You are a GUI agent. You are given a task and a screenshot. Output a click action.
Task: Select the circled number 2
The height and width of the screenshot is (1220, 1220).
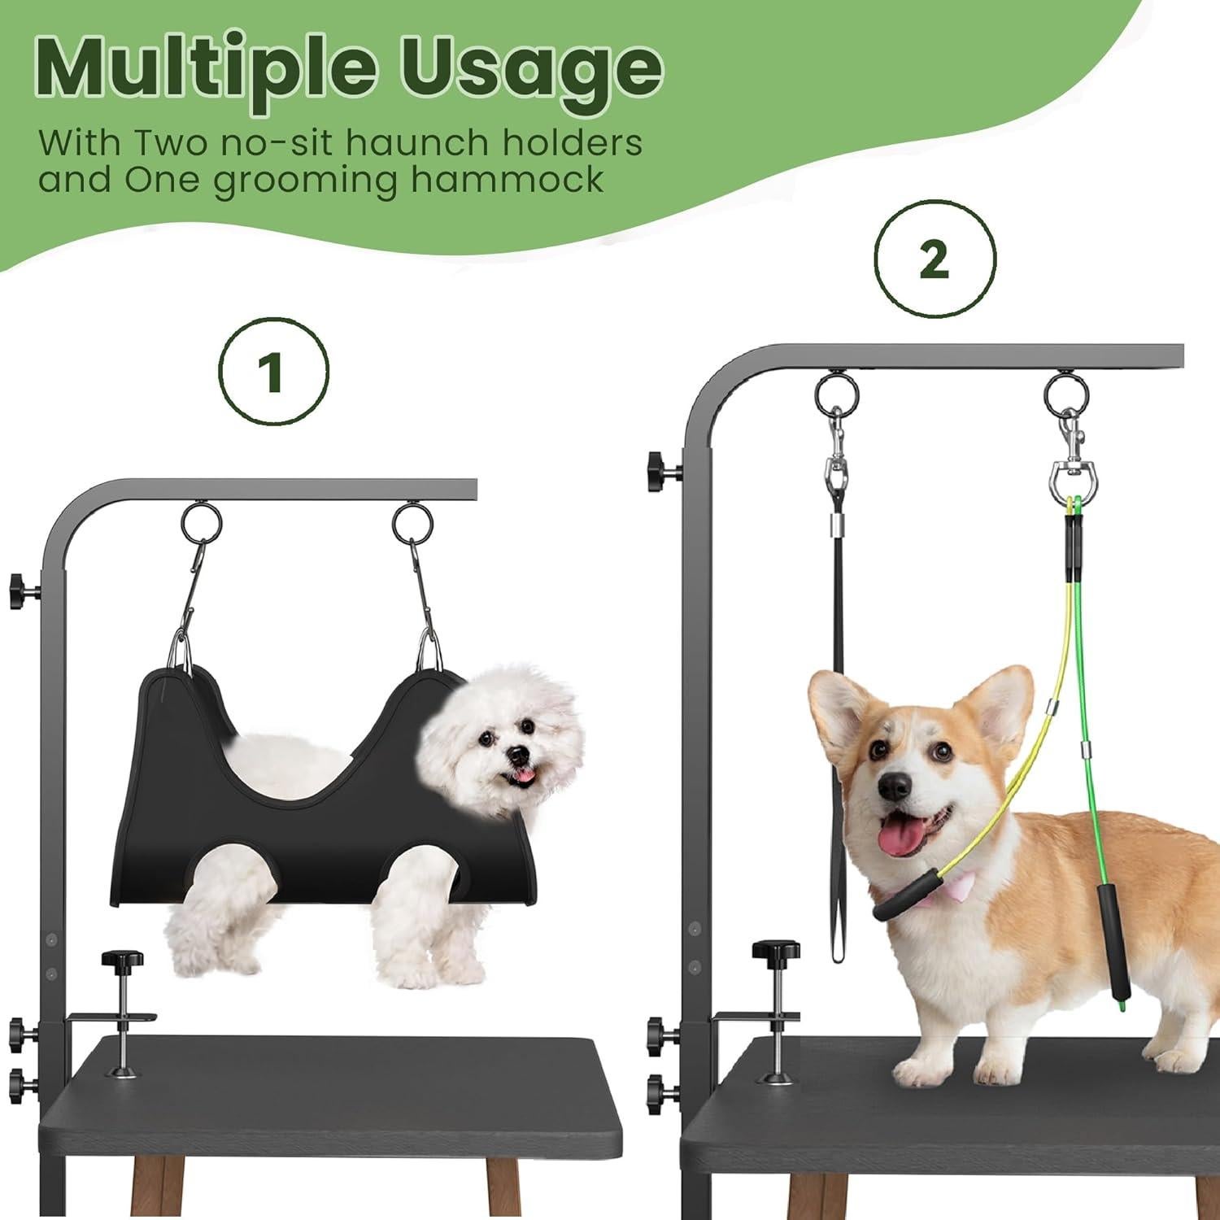click(935, 259)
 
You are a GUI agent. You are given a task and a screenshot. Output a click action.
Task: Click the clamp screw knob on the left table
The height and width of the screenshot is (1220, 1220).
click(122, 965)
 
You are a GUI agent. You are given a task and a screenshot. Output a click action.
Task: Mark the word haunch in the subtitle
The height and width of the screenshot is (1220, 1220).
click(406, 143)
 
